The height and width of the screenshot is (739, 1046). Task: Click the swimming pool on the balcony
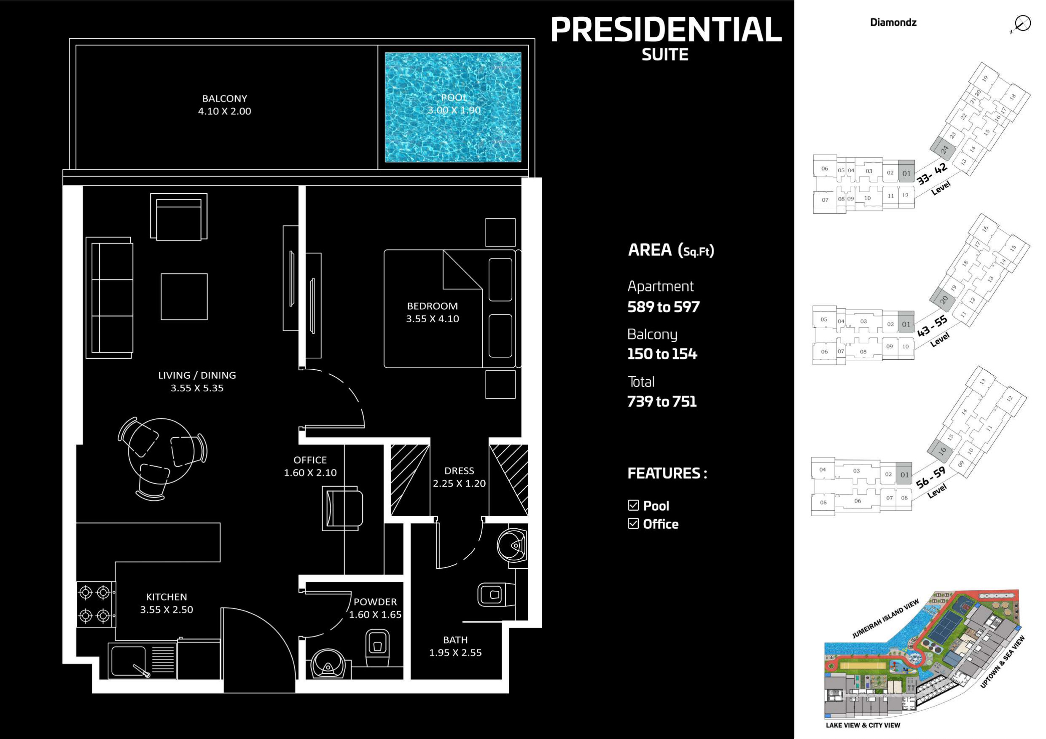[x=453, y=107]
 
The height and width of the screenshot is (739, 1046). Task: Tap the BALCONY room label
[x=225, y=98]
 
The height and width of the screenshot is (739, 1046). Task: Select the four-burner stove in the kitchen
[x=95, y=604]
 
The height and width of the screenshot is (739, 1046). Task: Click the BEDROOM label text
[x=432, y=306]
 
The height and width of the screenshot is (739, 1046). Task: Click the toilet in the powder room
[x=377, y=648]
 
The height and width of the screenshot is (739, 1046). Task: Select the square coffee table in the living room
[x=184, y=297]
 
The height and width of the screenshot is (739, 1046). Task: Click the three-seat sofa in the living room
[x=109, y=297]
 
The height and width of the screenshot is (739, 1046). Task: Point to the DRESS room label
[x=459, y=471]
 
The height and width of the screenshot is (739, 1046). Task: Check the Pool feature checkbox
[x=633, y=505]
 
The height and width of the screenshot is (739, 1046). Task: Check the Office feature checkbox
[x=633, y=524]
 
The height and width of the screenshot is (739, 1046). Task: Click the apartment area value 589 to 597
[x=663, y=307]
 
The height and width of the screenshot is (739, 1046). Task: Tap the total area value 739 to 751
[x=662, y=401]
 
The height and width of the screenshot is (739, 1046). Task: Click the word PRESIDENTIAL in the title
[x=666, y=29]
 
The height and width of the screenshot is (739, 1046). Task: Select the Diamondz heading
[x=893, y=22]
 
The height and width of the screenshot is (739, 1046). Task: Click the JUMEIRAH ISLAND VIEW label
[x=885, y=619]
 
